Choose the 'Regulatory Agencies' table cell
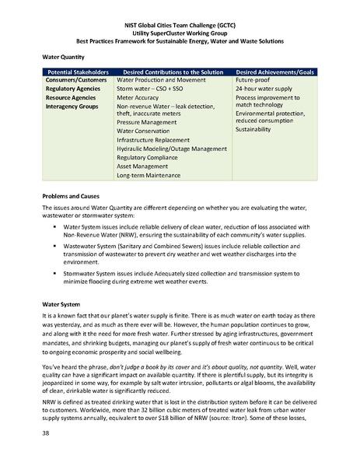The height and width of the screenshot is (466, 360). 76,89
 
